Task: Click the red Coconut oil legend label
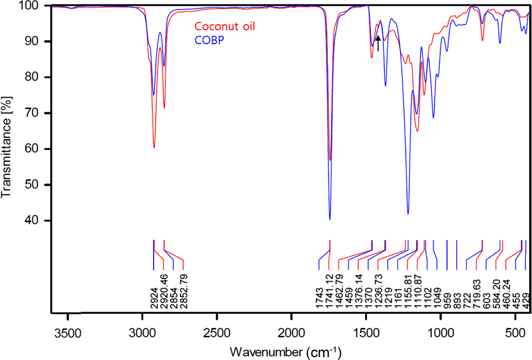(x=225, y=27)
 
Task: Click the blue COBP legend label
(x=209, y=40)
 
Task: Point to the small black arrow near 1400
(x=378, y=43)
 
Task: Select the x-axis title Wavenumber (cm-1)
(x=285, y=352)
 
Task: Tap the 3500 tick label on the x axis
(x=68, y=333)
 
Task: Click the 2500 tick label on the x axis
(x=217, y=333)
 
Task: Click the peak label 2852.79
(x=183, y=292)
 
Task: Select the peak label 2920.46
(x=164, y=292)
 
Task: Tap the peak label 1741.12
(x=329, y=292)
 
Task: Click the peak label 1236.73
(x=378, y=292)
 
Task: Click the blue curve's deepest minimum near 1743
(x=330, y=219)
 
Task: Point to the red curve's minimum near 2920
(x=154, y=148)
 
